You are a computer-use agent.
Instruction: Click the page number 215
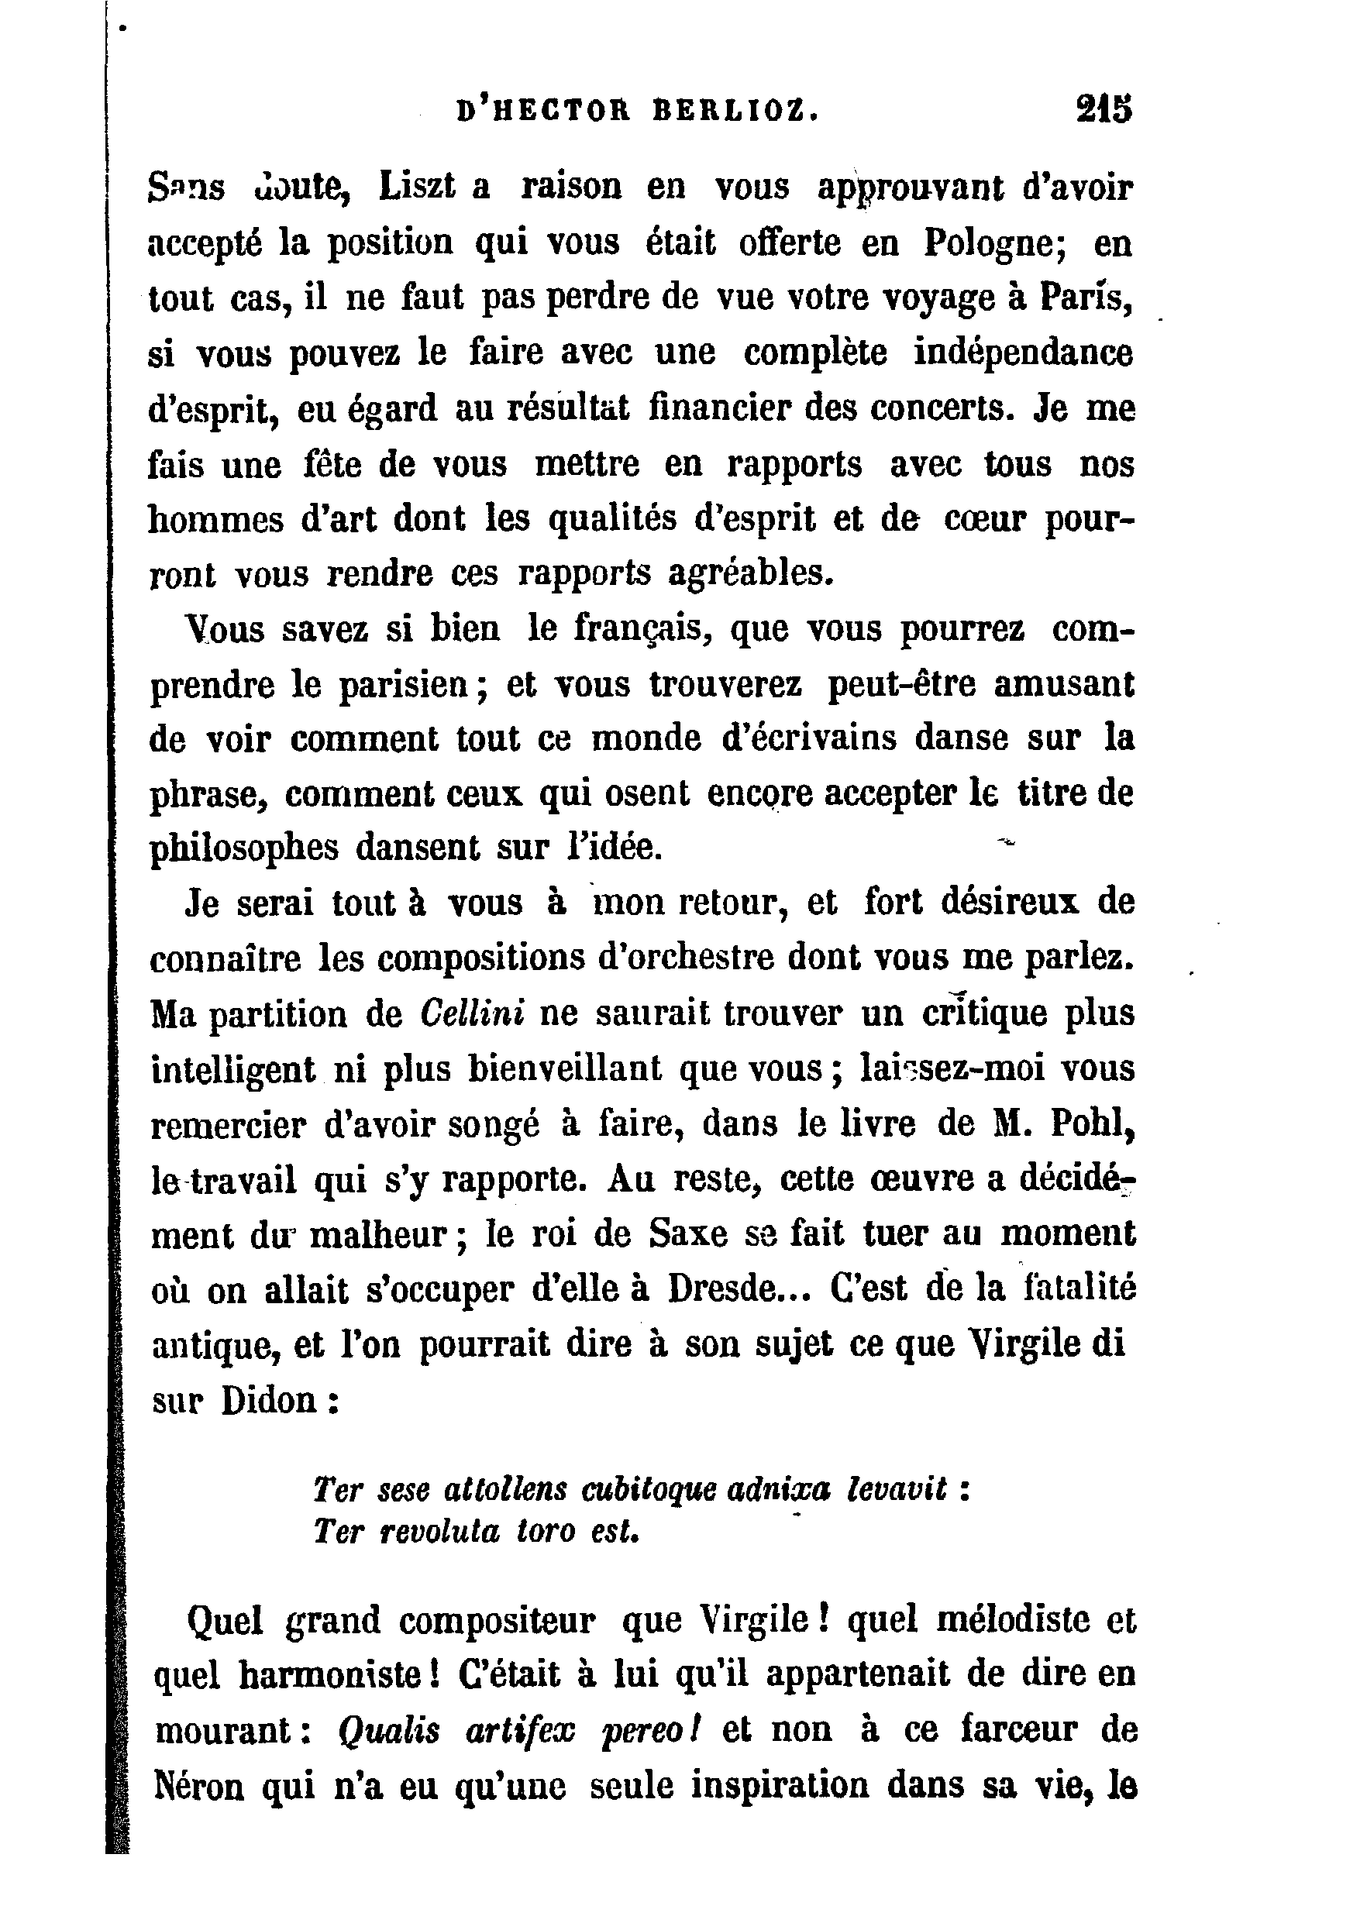point(1104,111)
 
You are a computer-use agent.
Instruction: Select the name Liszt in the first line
point(416,187)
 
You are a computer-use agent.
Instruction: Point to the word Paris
point(1085,298)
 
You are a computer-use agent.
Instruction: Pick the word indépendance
point(1024,353)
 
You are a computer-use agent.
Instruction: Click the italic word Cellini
point(471,1013)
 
